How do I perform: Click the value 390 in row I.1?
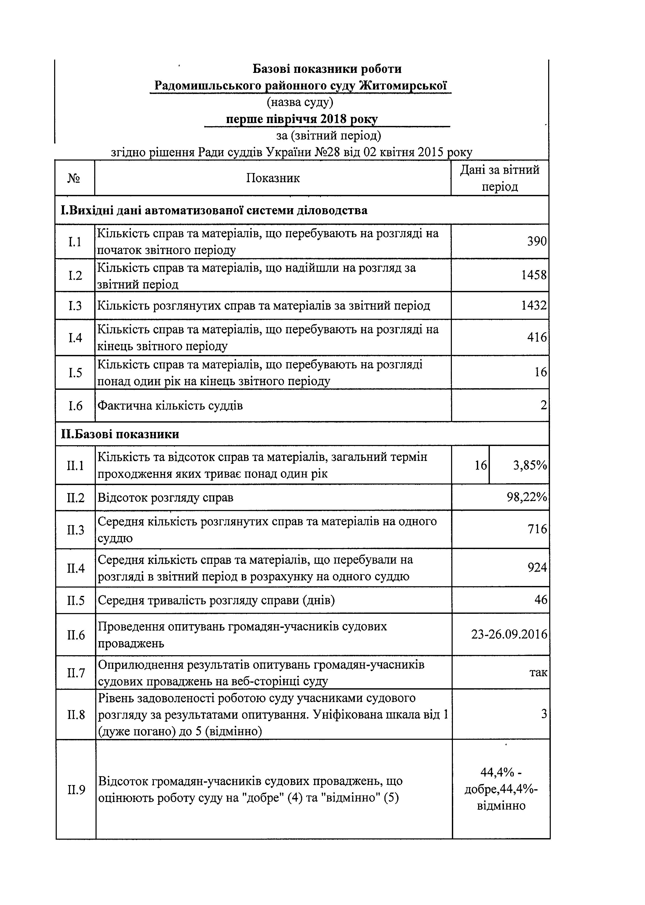pyautogui.click(x=537, y=241)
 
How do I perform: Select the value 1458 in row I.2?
pyautogui.click(x=534, y=275)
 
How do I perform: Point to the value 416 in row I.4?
pyautogui.click(x=537, y=337)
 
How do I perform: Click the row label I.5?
pyautogui.click(x=75, y=372)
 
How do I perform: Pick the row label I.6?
pyautogui.click(x=75, y=406)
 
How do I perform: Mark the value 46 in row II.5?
pyautogui.click(x=541, y=600)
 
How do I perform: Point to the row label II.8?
pyautogui.click(x=76, y=715)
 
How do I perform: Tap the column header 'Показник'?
pyautogui.click(x=273, y=178)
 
